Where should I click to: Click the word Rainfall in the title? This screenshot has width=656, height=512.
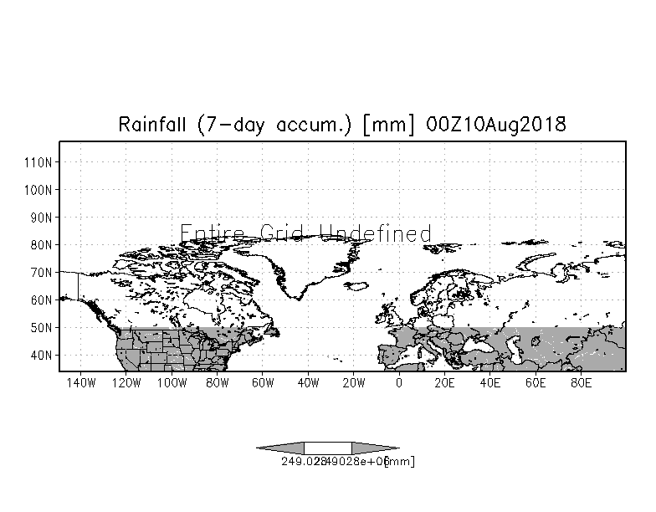pyautogui.click(x=154, y=125)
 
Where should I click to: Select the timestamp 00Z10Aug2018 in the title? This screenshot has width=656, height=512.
pyautogui.click(x=495, y=125)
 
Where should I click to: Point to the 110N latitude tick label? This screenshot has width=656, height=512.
pyautogui.click(x=42, y=161)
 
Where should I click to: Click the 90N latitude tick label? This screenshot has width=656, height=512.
pyautogui.click(x=42, y=217)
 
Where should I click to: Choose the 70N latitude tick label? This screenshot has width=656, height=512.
pyautogui.click(x=42, y=272)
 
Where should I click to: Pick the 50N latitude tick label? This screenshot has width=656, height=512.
pyautogui.click(x=42, y=327)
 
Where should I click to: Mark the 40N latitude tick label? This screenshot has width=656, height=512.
pyautogui.click(x=42, y=355)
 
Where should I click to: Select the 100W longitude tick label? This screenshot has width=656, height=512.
pyautogui.click(x=171, y=383)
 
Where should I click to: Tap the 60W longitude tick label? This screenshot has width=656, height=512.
pyautogui.click(x=263, y=383)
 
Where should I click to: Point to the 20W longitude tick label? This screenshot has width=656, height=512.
pyautogui.click(x=354, y=383)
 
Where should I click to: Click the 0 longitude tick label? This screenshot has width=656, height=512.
pyautogui.click(x=399, y=383)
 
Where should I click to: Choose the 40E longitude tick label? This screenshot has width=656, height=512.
pyautogui.click(x=490, y=383)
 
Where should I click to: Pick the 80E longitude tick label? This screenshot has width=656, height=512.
pyautogui.click(x=582, y=383)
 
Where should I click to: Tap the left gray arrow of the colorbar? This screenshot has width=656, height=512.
pyautogui.click(x=280, y=448)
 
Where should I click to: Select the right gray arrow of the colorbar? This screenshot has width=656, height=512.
pyautogui.click(x=374, y=448)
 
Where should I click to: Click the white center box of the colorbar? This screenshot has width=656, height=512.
pyautogui.click(x=327, y=448)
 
